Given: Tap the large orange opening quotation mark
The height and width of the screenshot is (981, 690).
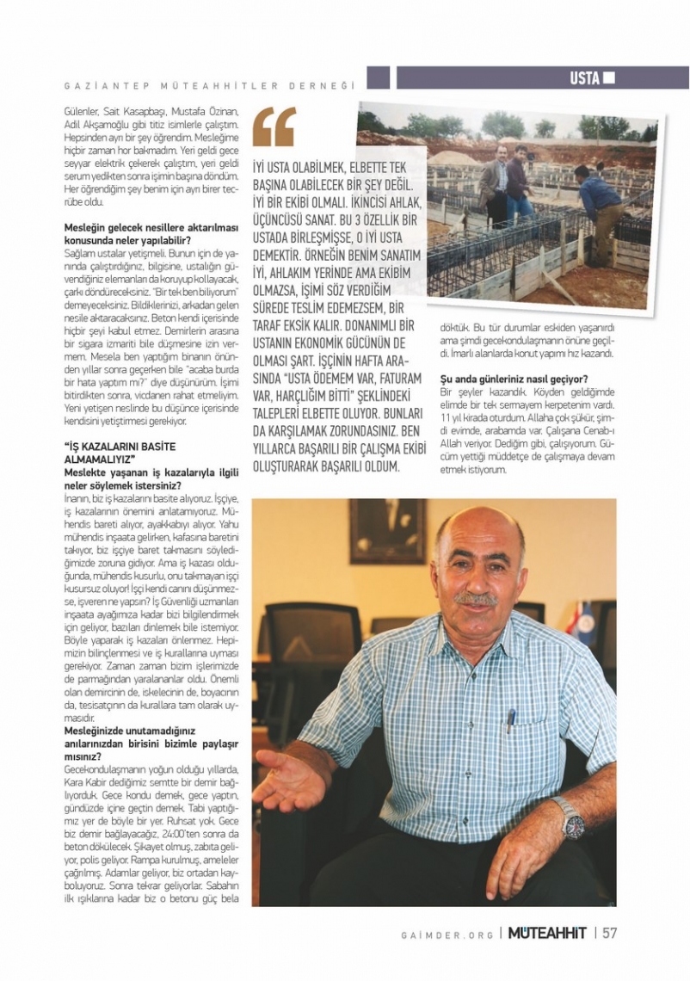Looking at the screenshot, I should pos(274,126).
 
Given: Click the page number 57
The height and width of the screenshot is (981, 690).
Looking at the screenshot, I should pos(609,933).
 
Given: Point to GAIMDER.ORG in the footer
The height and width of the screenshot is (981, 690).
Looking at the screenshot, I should pos(447,934).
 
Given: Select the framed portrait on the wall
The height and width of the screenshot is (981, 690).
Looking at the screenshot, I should pos(387,531).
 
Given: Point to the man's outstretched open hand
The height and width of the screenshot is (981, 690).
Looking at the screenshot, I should pos(288,779).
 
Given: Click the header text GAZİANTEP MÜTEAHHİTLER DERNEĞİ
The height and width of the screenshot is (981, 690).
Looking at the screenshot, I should pos(210,85).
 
